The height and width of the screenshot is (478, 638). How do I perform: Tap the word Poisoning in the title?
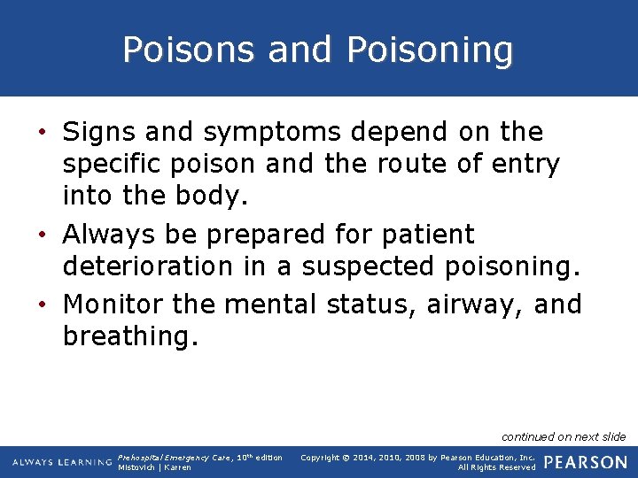point(431,50)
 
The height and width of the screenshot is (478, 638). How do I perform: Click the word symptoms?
point(271,133)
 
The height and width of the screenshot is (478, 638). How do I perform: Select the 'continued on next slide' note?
point(564,436)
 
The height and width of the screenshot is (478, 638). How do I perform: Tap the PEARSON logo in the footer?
point(585,461)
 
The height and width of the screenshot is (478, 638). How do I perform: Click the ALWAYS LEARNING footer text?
point(62,462)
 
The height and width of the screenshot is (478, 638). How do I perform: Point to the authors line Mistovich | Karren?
point(154,467)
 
